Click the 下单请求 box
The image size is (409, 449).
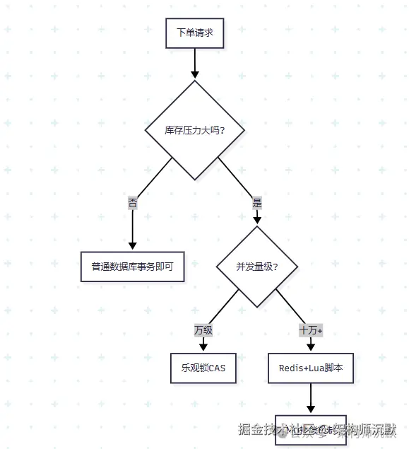coord(194,33)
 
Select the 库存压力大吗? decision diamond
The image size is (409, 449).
coord(194,130)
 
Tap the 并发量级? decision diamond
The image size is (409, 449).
coord(256,267)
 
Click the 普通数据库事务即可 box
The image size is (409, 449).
coord(132,267)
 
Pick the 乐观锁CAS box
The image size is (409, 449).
coord(203,368)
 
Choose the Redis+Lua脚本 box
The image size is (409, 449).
coord(311,368)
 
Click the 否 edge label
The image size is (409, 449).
coord(133,202)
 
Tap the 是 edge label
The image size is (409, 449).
coord(256,202)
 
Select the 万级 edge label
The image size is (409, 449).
coord(203,330)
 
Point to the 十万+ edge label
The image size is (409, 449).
coord(311,330)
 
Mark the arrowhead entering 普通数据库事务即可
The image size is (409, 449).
coord(132,246)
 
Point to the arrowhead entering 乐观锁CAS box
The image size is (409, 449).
coord(203,347)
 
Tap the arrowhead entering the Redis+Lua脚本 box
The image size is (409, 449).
coord(311,347)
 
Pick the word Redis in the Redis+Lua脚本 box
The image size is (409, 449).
coord(291,368)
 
